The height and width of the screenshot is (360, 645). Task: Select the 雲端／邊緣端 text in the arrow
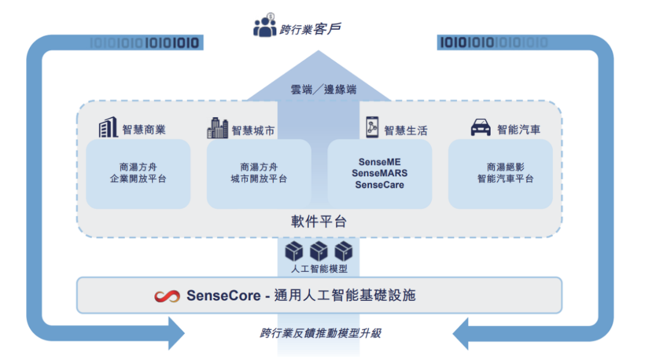pos(323,90)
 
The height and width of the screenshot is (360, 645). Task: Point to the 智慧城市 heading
pos(253,130)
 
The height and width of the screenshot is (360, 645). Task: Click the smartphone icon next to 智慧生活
pos(373,127)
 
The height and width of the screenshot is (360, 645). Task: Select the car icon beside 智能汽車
pos(481,128)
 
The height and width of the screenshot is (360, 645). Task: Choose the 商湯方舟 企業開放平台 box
pos(138,173)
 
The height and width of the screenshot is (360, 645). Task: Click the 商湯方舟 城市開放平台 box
pos(259,173)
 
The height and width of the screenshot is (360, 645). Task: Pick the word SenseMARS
pos(379,173)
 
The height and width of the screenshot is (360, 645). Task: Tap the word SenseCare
pos(379,184)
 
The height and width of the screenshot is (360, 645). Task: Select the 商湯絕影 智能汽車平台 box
pos(500,173)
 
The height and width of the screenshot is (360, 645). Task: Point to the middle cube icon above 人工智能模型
pos(319,251)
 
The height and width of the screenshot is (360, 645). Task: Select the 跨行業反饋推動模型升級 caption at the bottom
pos(320,333)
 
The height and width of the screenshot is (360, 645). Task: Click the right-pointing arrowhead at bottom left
pos(176,333)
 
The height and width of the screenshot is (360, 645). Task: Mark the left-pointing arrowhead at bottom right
pos(463,333)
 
